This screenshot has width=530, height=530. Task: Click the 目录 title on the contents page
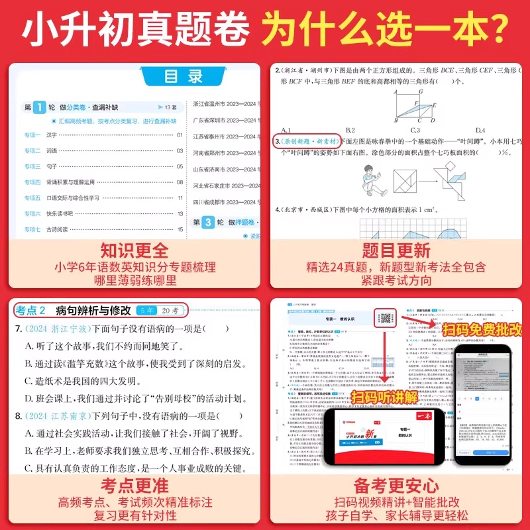point(184,76)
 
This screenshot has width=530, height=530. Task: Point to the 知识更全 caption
point(134,250)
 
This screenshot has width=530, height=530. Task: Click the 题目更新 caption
point(396,250)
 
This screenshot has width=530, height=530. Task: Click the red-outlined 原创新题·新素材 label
point(307,142)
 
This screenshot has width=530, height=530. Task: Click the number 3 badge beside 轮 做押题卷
point(207,223)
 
